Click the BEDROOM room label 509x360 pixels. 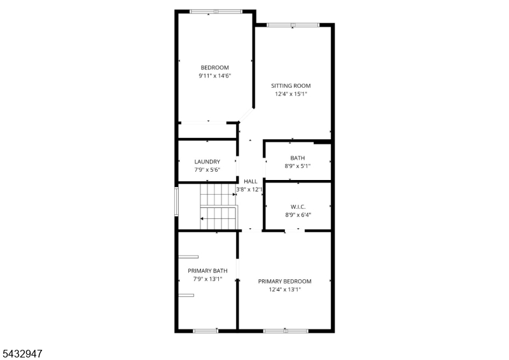tap(214, 67)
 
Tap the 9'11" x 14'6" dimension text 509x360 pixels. tap(214, 76)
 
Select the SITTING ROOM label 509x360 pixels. tap(291, 86)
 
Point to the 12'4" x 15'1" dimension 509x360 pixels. tap(291, 94)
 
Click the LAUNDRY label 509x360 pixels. tap(207, 162)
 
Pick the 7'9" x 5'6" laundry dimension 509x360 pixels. tap(207, 170)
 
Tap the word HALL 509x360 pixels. tap(250, 181)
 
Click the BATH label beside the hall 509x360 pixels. tap(297, 158)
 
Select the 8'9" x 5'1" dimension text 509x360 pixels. tap(297, 166)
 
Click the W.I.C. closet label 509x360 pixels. tap(298, 207)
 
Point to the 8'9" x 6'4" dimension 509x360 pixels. tap(298, 215)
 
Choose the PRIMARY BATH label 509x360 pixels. tap(207, 271)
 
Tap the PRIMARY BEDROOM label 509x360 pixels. tap(284, 281)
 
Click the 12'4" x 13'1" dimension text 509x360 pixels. tap(284, 289)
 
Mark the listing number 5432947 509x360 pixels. tap(22, 354)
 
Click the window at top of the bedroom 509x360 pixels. tap(216, 11)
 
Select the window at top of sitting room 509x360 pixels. tap(293, 25)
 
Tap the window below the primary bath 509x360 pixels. tap(206, 331)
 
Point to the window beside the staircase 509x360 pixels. tap(177, 202)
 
